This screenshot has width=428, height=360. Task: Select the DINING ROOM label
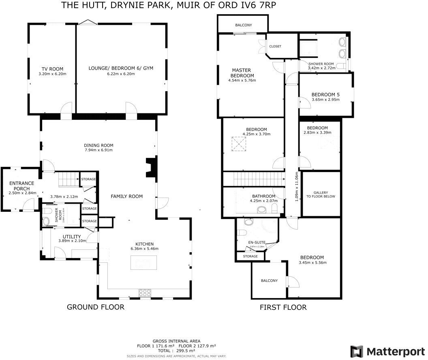coord(98,145)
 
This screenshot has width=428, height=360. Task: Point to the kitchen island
coord(144,264)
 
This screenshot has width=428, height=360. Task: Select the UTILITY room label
coord(72,236)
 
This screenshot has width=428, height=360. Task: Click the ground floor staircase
coord(68,179)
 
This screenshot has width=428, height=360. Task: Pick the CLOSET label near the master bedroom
coord(275,46)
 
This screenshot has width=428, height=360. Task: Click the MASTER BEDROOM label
coord(242,72)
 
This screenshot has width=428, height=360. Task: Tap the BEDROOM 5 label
coord(326,94)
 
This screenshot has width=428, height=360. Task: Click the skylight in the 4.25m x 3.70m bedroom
coord(239,144)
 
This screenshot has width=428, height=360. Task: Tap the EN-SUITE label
coord(257,242)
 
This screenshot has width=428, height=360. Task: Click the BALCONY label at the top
coord(244,25)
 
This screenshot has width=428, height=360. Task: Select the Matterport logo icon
coord(357,351)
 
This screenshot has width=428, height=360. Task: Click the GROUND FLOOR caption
coord(95,307)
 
